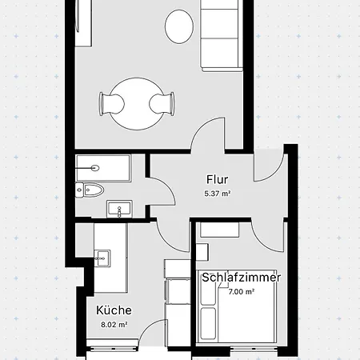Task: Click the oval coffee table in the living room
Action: pyautogui.click(x=179, y=28)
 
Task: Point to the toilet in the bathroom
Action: pyautogui.click(x=90, y=190)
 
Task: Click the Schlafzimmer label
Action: pyautogui.click(x=241, y=278)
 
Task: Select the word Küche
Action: pyautogui.click(x=114, y=310)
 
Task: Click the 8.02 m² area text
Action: pyautogui.click(x=114, y=325)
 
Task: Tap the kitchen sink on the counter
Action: pyautogui.click(x=102, y=258)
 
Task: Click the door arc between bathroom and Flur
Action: pyautogui.click(x=162, y=192)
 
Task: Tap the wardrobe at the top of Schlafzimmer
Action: pyautogui.click(x=219, y=230)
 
